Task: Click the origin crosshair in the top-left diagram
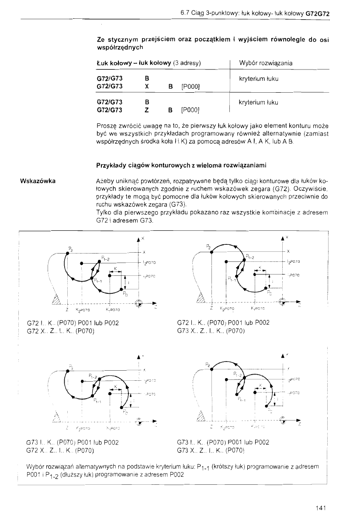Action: (139, 302)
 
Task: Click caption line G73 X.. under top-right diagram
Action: (211, 330)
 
